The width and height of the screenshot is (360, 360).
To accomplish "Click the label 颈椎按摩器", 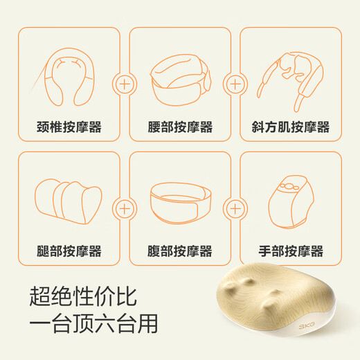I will [x=69, y=127].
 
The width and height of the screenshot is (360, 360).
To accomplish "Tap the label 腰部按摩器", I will [x=180, y=127].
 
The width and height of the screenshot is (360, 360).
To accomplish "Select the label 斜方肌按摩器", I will [x=290, y=127].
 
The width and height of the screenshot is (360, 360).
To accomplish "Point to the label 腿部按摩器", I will [x=69, y=251].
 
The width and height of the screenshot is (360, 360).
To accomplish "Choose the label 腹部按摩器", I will [x=180, y=251].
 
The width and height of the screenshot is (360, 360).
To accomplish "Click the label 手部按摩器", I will [x=290, y=251].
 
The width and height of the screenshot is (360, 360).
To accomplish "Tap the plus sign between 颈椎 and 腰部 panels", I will [x=125, y=84].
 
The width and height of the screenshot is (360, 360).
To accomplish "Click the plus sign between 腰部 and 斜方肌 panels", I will [x=235, y=84].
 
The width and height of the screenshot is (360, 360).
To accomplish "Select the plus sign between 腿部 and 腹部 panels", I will [x=125, y=207].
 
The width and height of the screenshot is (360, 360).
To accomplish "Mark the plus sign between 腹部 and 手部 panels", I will [x=235, y=207].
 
